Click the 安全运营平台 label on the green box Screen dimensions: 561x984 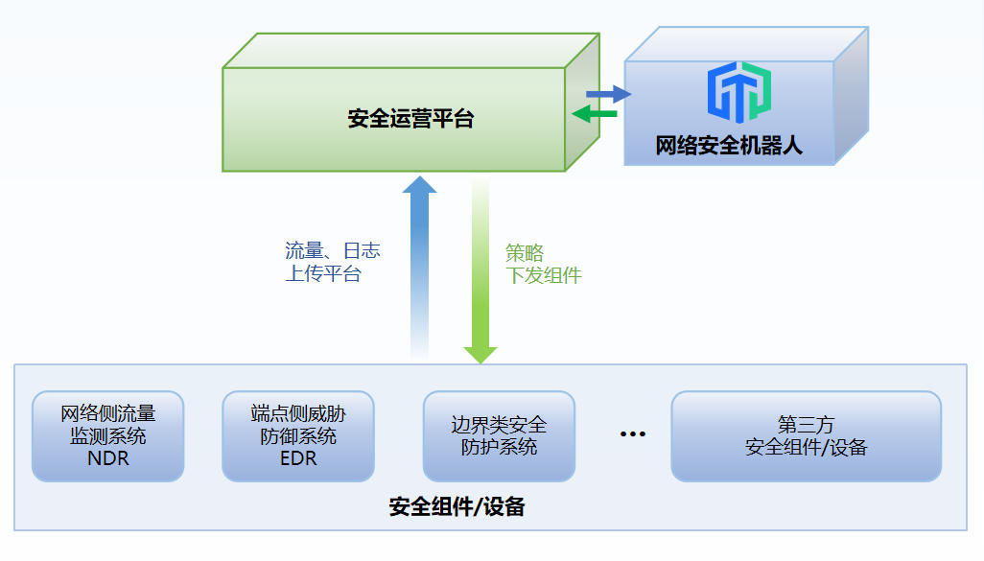[410, 120]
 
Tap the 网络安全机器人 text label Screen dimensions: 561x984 [729, 146]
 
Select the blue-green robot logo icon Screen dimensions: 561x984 [739, 92]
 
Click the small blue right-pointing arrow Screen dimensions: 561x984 [609, 94]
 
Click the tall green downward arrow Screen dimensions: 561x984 [480, 273]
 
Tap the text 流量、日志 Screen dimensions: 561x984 [333, 251]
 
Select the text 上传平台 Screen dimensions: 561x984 [323, 274]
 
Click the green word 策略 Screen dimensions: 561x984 [525, 253]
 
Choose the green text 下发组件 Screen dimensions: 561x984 [544, 276]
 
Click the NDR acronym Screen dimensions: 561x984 [107, 458]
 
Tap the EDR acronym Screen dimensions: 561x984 [297, 458]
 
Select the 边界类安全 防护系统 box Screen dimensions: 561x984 [499, 435]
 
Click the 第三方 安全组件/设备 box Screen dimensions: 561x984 [806, 435]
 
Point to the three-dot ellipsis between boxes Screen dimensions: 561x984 [632, 434]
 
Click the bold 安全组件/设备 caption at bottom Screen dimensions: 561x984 [457, 507]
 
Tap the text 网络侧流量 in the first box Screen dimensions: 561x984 [107, 414]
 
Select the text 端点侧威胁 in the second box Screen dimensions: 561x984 [297, 414]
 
